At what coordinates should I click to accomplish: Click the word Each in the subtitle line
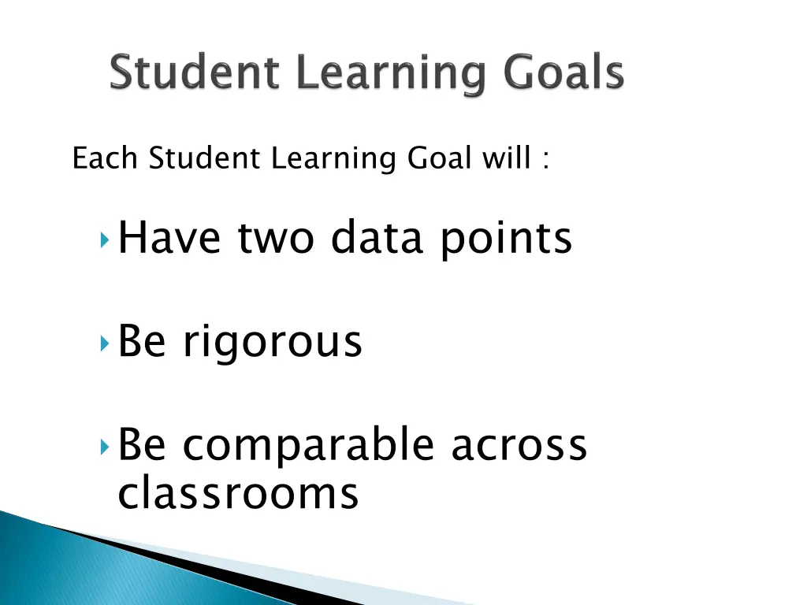pos(106,159)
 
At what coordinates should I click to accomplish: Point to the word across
pos(519,446)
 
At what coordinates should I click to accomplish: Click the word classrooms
pos(238,495)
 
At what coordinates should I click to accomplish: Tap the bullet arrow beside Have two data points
pos(106,239)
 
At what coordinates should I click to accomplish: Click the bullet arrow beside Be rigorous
pos(106,343)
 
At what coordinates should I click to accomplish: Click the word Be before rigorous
pos(142,341)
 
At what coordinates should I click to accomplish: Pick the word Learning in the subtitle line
pos(333,161)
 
